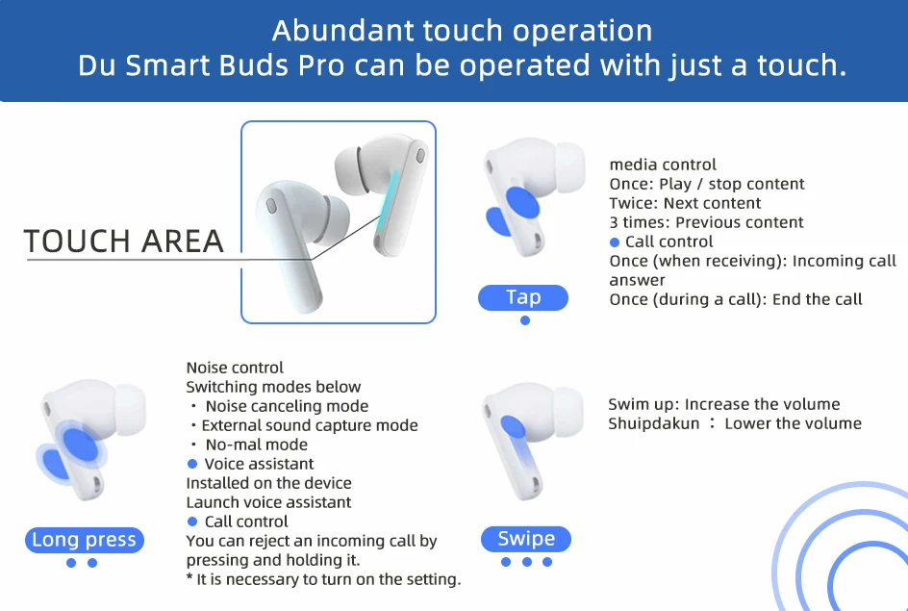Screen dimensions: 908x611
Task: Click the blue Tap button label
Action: pyautogui.click(x=523, y=297)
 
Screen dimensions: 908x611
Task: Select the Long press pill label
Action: pyautogui.click(x=85, y=540)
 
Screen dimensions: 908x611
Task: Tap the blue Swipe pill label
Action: pyautogui.click(x=526, y=539)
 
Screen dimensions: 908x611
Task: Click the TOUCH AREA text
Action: pyautogui.click(x=124, y=242)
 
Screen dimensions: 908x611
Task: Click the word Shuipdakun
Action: pyautogui.click(x=654, y=424)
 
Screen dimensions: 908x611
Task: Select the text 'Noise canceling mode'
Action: pyautogui.click(x=287, y=406)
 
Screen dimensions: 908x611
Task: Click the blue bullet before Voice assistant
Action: pyautogui.click(x=192, y=464)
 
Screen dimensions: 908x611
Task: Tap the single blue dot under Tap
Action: pyautogui.click(x=524, y=320)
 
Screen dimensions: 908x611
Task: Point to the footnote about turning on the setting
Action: pyautogui.click(x=324, y=579)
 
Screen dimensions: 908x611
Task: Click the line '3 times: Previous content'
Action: pyautogui.click(x=706, y=222)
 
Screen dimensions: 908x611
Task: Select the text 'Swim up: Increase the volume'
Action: pyautogui.click(x=724, y=404)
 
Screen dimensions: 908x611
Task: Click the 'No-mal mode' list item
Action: pyautogui.click(x=257, y=445)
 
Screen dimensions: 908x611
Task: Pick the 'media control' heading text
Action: pyautogui.click(x=663, y=165)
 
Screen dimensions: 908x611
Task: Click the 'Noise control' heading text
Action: pyautogui.click(x=235, y=368)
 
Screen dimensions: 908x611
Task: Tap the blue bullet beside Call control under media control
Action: pyautogui.click(x=615, y=242)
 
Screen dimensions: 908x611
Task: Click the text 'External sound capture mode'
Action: pyautogui.click(x=310, y=425)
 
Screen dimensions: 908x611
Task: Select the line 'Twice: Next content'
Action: pyautogui.click(x=685, y=203)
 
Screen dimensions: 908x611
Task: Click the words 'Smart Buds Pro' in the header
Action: pyautogui.click(x=235, y=65)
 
